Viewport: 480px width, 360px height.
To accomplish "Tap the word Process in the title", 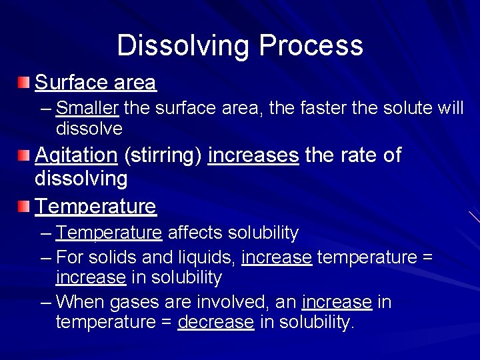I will tap(311, 46).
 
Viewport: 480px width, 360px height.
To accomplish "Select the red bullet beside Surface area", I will tap(24, 83).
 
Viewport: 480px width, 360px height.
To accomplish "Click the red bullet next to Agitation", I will tap(24, 155).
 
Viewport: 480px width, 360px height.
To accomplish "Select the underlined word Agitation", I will tap(75, 155).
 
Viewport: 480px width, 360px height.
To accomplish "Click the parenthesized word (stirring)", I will tap(163, 156).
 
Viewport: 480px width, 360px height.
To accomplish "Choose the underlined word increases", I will tap(253, 155).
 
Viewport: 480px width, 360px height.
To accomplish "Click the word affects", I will tap(196, 233).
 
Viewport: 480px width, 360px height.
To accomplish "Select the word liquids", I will tap(203, 257).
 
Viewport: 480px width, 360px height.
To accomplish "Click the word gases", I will tap(133, 303).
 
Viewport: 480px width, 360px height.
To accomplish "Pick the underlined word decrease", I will tap(215, 323).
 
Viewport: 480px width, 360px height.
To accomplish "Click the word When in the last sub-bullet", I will tap(81, 302).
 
